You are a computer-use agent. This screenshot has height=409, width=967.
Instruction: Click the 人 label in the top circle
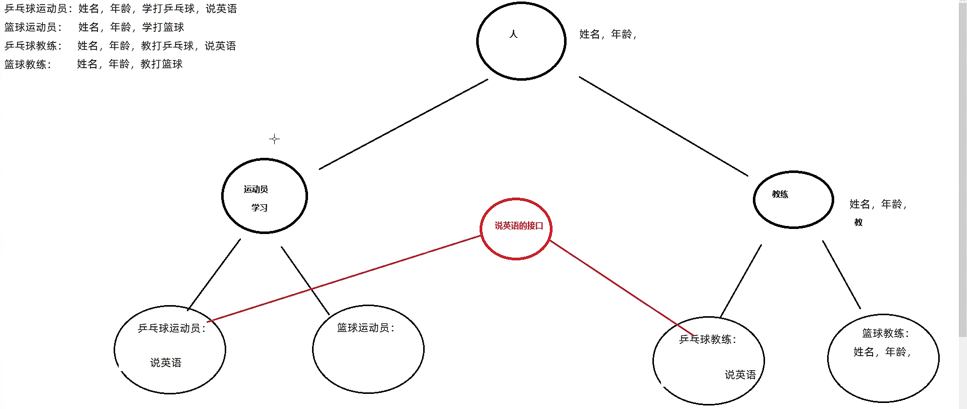click(514, 34)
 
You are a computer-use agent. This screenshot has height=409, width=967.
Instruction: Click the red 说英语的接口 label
click(519, 226)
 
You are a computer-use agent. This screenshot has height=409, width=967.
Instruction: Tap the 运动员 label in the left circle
click(256, 190)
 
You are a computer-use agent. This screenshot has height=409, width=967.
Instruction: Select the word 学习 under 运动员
click(260, 208)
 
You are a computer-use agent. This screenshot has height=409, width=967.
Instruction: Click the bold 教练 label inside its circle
click(780, 194)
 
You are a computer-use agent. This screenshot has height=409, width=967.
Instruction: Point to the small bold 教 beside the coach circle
click(858, 222)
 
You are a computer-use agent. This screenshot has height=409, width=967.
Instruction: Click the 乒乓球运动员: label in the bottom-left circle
click(172, 328)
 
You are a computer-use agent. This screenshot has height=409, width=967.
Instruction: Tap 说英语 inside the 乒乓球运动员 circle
click(166, 363)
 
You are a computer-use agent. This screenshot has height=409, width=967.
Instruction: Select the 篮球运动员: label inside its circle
click(366, 328)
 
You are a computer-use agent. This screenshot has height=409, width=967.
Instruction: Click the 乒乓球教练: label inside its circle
click(708, 339)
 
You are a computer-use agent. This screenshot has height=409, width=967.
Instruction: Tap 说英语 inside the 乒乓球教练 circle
click(740, 375)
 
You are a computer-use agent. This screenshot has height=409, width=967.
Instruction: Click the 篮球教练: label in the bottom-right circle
click(886, 333)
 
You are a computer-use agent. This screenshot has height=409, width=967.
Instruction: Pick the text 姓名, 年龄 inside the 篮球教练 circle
click(882, 352)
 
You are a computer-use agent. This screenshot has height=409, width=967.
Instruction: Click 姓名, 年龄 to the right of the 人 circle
click(607, 34)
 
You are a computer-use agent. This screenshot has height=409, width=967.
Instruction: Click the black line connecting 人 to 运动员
click(404, 124)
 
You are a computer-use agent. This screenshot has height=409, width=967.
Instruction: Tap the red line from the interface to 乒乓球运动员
click(343, 278)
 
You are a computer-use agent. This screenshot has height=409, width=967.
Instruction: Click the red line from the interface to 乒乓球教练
click(621, 287)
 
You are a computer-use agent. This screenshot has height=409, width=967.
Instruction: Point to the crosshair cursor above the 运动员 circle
click(274, 139)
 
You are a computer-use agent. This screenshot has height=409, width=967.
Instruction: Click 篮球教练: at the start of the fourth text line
click(28, 65)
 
